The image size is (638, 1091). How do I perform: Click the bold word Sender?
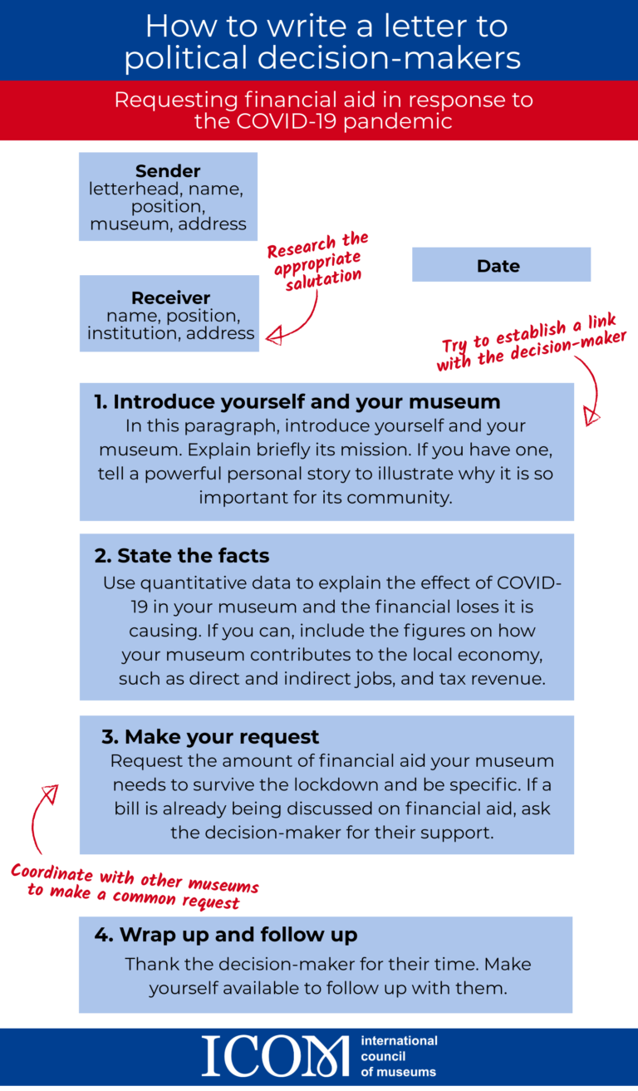168,171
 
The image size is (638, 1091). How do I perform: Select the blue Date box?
501,265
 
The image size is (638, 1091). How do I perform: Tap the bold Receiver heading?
170,297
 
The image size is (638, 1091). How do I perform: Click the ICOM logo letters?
275,1055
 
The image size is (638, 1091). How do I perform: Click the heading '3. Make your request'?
210,737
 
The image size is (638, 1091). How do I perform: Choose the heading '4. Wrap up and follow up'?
225,934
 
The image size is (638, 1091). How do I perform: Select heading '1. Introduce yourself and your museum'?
297,402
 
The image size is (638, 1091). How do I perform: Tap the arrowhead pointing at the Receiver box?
273,336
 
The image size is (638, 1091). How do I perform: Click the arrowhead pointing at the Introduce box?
591,415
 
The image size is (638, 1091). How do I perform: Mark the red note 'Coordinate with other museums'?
135,884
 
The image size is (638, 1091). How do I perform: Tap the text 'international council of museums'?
399,1055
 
